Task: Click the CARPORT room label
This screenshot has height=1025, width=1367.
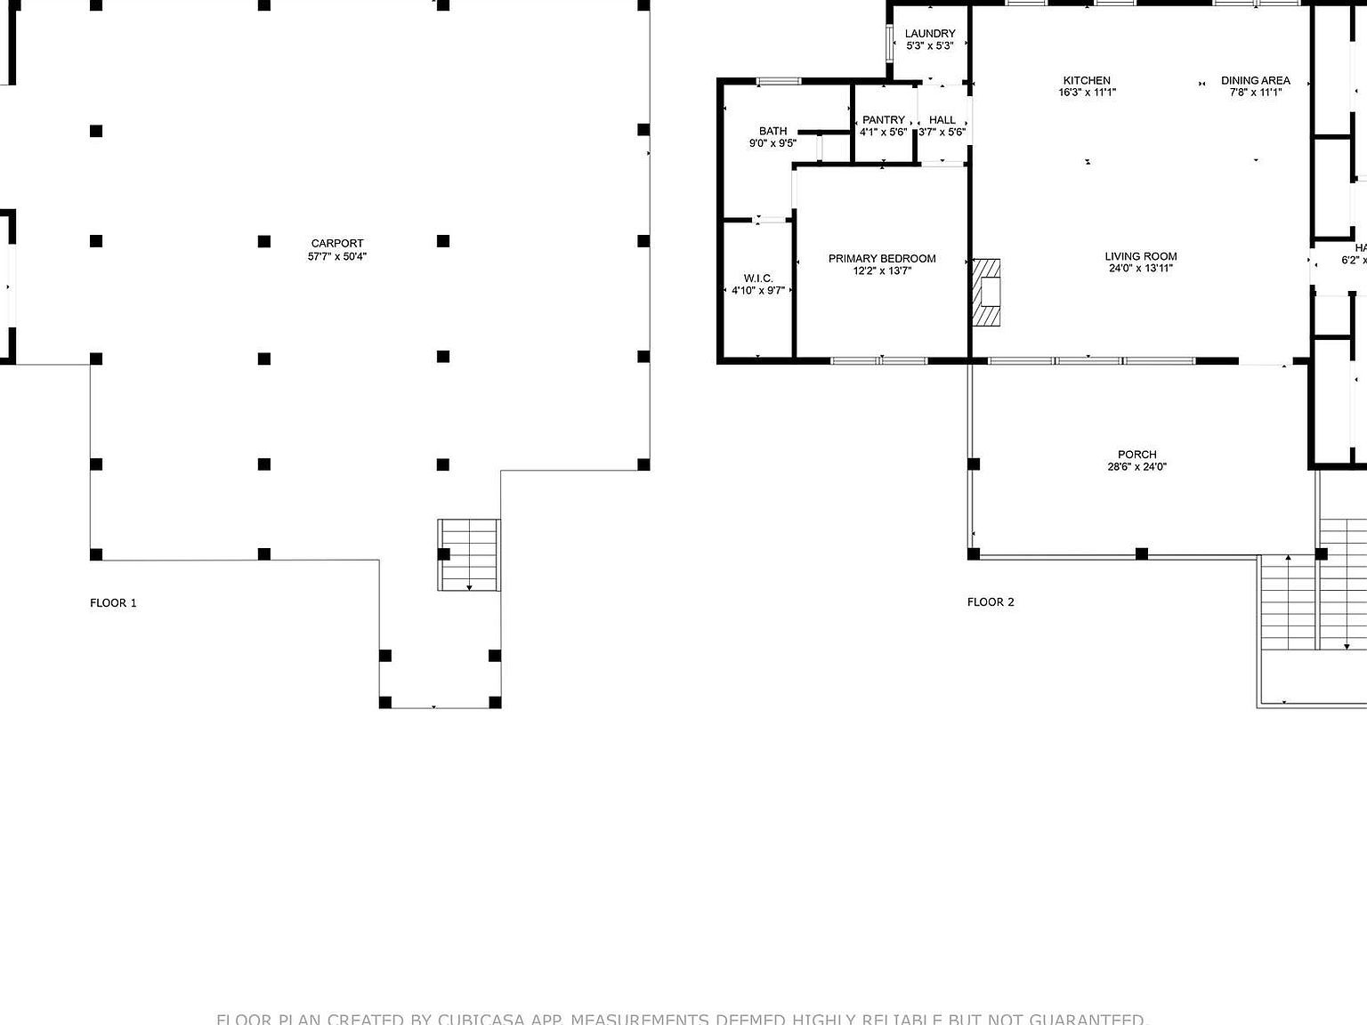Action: pyautogui.click(x=337, y=243)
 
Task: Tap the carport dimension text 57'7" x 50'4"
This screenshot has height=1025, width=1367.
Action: pyautogui.click(x=337, y=256)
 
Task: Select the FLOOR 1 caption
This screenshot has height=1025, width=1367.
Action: pyautogui.click(x=113, y=602)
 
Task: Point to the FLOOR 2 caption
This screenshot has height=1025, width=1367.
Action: pyautogui.click(x=991, y=601)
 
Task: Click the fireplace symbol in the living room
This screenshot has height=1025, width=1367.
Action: pyautogui.click(x=986, y=293)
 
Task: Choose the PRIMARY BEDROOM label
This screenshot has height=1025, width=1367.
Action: pyautogui.click(x=882, y=258)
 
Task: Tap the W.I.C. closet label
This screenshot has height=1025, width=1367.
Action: pyautogui.click(x=758, y=278)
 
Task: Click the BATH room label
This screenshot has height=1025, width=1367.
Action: pyautogui.click(x=772, y=131)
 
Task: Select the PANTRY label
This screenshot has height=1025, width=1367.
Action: pyautogui.click(x=884, y=119)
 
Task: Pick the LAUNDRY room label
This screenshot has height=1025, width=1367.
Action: pyautogui.click(x=930, y=33)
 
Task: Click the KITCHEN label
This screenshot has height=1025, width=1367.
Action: pyautogui.click(x=1087, y=80)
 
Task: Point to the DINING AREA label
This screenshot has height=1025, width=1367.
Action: pyautogui.click(x=1255, y=80)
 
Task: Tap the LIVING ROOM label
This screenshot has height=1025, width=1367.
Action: pyautogui.click(x=1141, y=256)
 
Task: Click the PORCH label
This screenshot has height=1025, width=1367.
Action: pyautogui.click(x=1137, y=454)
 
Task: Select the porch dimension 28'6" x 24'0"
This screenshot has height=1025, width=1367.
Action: pyautogui.click(x=1137, y=466)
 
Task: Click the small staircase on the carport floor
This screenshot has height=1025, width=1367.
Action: pyautogui.click(x=468, y=554)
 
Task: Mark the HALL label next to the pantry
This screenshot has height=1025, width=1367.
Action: pyautogui.click(x=942, y=119)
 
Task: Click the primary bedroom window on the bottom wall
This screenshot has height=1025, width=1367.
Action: pyautogui.click(x=879, y=360)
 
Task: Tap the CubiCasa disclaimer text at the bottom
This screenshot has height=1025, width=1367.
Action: pyautogui.click(x=682, y=1019)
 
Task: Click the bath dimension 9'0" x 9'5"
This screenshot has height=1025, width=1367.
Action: pyautogui.click(x=772, y=142)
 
